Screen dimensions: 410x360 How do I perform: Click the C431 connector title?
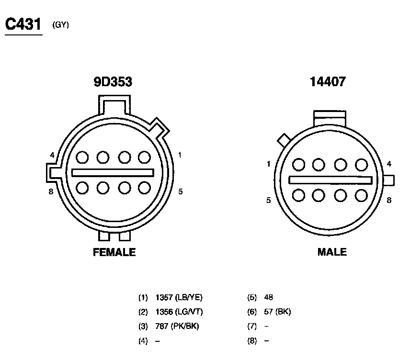pos(23,24)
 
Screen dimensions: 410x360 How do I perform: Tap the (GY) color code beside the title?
pos(61,25)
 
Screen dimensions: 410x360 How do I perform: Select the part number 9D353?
pos(113,81)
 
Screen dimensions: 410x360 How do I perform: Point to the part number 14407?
pos(328,81)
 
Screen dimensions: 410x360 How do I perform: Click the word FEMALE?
pos(114,252)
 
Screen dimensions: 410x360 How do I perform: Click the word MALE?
pos(332,252)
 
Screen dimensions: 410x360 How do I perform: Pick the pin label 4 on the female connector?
pos(52,155)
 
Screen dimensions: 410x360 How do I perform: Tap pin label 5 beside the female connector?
pos(181,191)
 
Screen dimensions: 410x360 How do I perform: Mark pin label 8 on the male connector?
pos(389,200)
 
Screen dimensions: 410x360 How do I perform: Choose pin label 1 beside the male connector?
pos(268,164)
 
